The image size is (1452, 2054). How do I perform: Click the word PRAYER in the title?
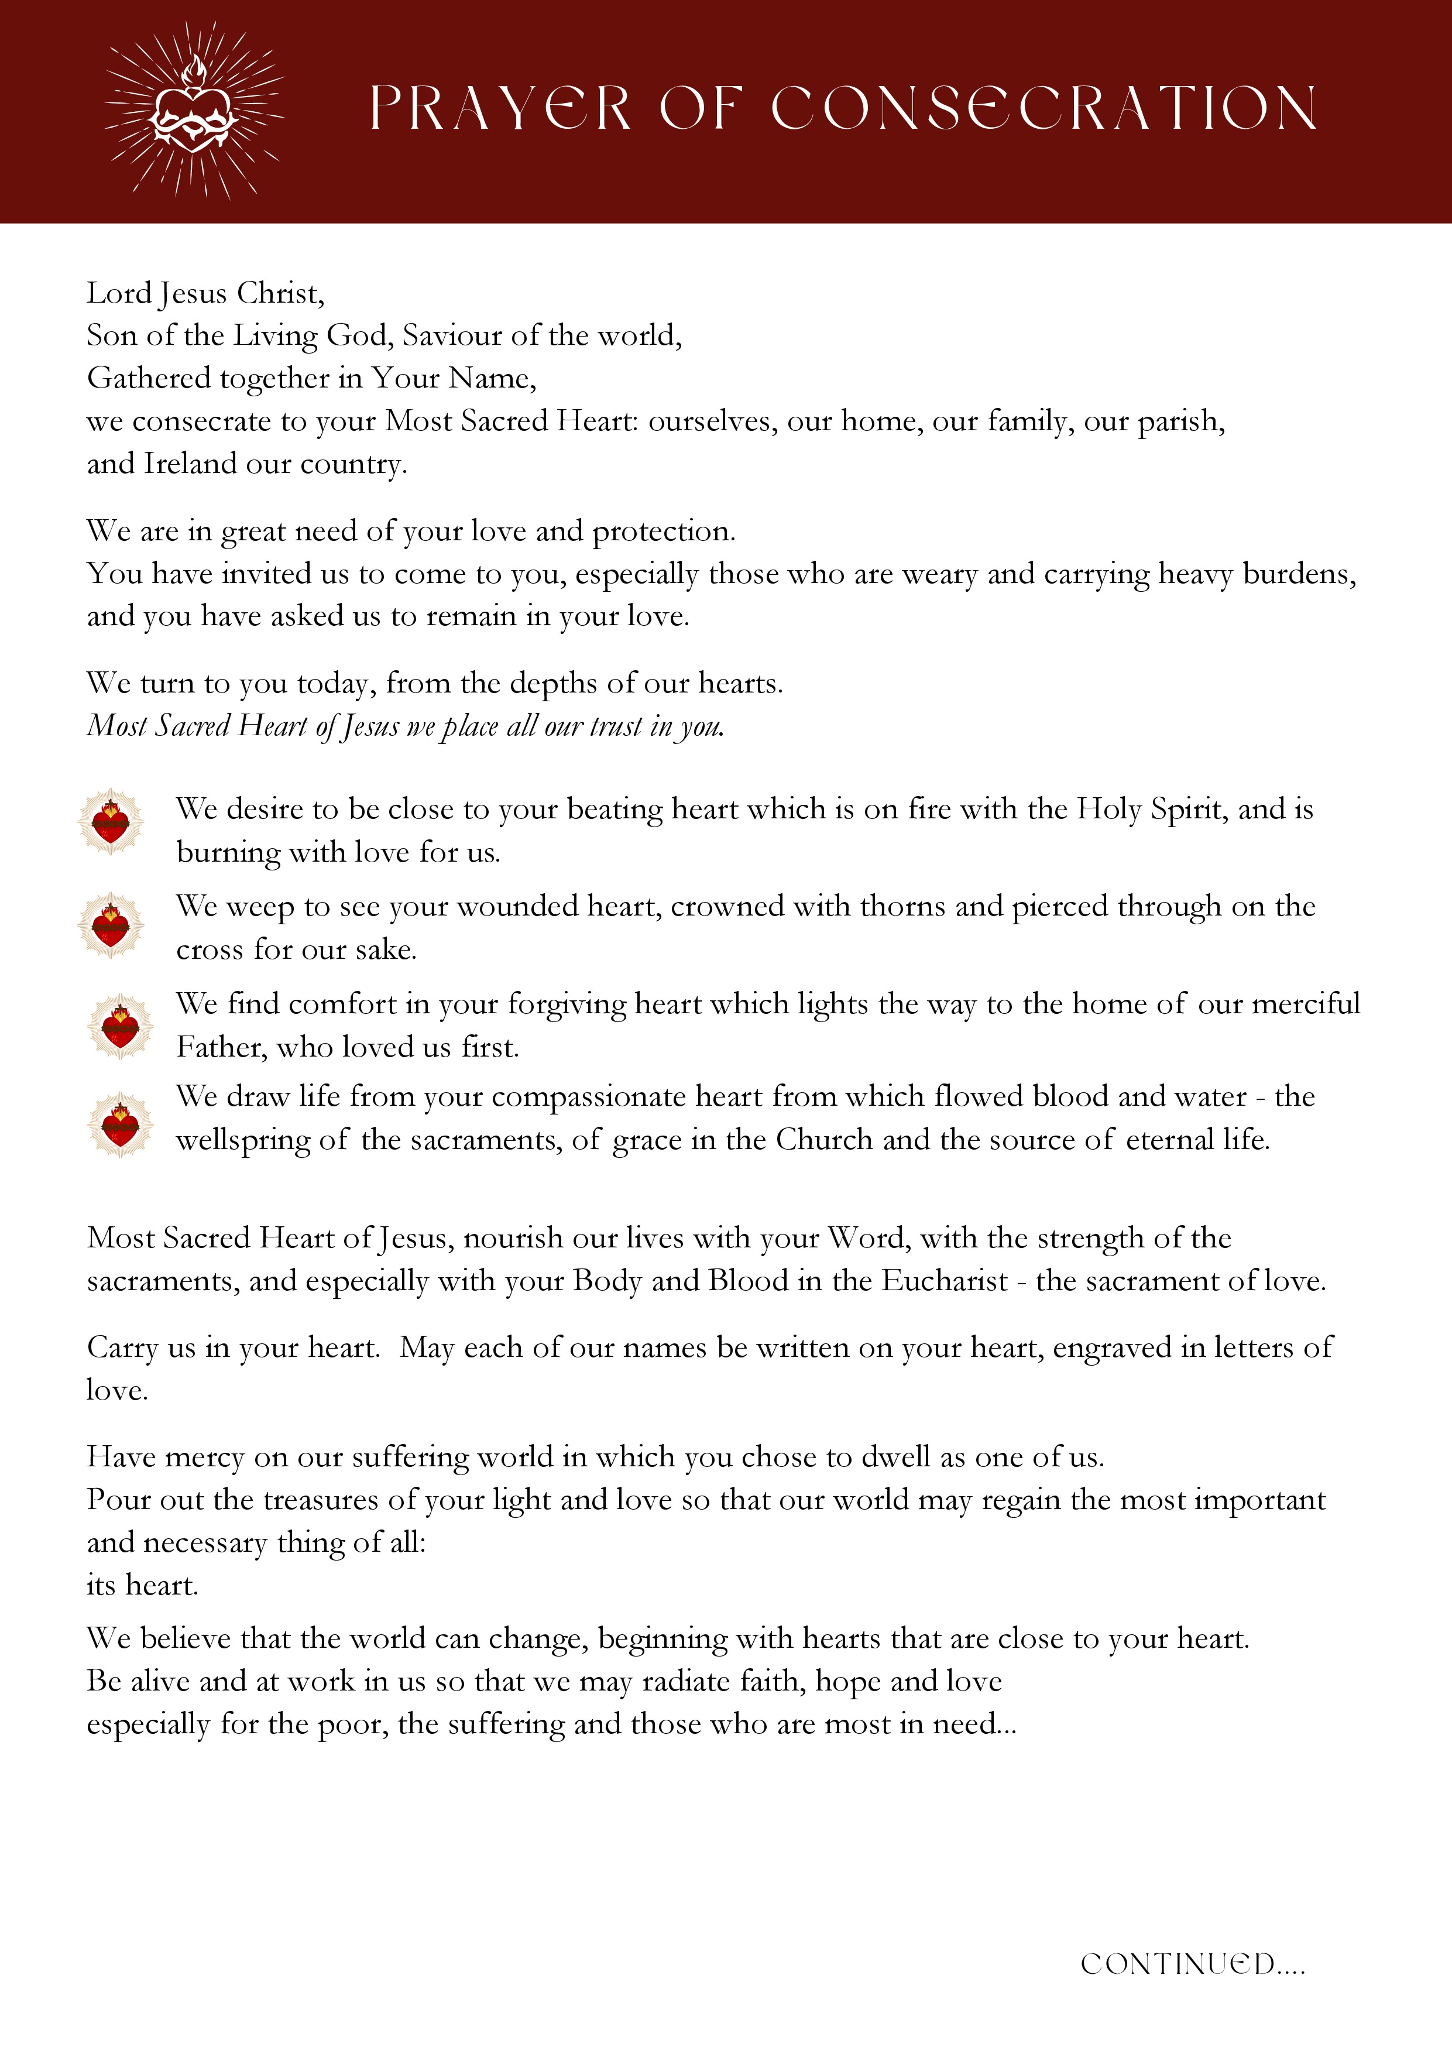[x=500, y=109]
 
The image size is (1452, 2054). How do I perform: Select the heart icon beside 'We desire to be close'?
[x=111, y=821]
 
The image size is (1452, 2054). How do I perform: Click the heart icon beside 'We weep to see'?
[x=111, y=925]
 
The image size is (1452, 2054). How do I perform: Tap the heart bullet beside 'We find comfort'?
[x=120, y=1026]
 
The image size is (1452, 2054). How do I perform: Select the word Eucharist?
[x=945, y=1281]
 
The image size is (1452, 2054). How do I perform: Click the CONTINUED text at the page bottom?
[x=1192, y=1964]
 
